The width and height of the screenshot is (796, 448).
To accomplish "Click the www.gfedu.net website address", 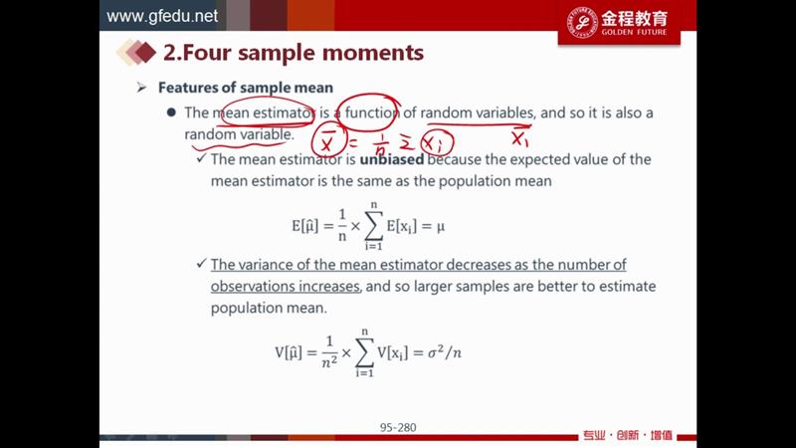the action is [x=162, y=16].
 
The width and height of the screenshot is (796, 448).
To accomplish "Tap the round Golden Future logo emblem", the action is [x=582, y=23].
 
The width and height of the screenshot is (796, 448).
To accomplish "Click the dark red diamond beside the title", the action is [x=145, y=53].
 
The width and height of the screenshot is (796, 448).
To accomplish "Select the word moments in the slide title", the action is [x=373, y=53].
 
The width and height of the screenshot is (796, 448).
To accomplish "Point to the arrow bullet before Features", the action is [x=141, y=88].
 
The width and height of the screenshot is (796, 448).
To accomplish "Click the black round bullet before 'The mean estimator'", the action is [x=171, y=112].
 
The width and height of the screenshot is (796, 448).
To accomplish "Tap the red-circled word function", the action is [x=371, y=112].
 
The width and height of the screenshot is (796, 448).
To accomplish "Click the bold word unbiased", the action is [x=391, y=159].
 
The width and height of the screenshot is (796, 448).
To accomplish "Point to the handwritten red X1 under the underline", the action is [x=519, y=138].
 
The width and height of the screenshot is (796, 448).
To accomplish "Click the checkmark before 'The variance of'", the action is [x=202, y=263].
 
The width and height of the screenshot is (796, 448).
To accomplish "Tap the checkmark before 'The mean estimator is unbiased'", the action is [x=202, y=158].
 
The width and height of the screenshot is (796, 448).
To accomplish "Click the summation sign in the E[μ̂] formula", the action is [x=374, y=226].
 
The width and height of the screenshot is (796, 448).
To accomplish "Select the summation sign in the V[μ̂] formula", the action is [x=364, y=352].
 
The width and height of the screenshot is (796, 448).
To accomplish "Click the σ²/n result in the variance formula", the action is [x=444, y=352].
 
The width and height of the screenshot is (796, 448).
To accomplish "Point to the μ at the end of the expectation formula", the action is [x=440, y=227].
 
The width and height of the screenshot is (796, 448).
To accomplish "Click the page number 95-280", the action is [x=398, y=428].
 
